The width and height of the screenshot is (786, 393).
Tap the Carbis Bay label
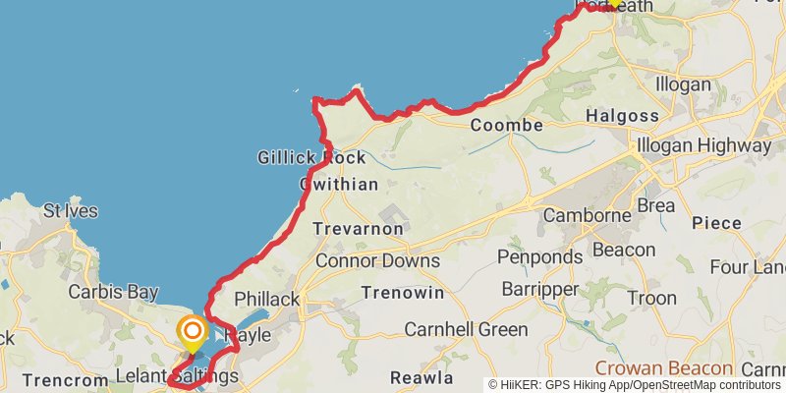click(113, 292)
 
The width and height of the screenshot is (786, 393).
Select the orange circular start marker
click(192, 332)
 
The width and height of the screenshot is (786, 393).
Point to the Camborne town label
click(586, 215)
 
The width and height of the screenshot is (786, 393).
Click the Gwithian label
click(338, 184)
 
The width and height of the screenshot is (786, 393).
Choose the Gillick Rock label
click(311, 157)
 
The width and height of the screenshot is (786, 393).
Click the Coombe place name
click(506, 126)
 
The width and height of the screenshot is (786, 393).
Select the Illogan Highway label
click(703, 145)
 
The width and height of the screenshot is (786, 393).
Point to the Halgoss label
click(622, 116)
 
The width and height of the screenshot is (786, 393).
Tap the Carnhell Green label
click(466, 329)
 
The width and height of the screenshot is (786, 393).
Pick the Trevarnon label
click(358, 229)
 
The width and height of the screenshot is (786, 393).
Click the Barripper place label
click(541, 289)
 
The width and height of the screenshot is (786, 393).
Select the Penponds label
click(539, 257)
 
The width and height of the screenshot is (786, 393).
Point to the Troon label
click(651, 298)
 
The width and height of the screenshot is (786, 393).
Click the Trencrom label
click(56, 379)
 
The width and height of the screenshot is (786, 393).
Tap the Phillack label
click(266, 299)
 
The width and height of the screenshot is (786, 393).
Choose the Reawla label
click(421, 378)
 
